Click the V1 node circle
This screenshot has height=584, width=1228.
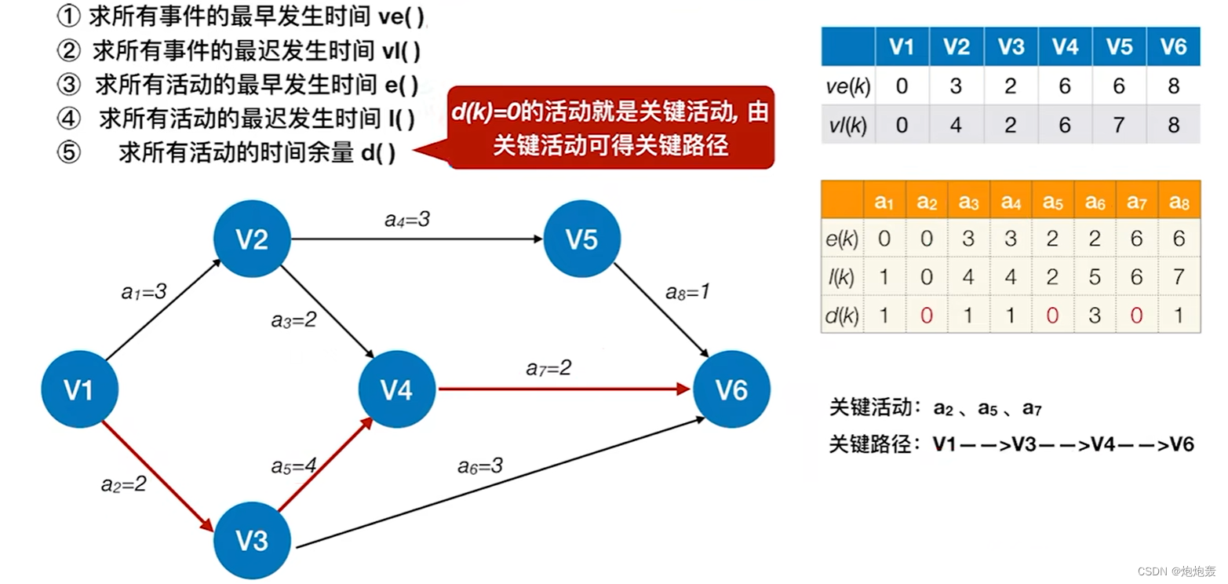click(79, 389)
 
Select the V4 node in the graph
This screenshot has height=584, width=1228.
click(397, 389)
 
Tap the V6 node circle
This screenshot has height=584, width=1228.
click(731, 389)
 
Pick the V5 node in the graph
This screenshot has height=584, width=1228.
click(581, 240)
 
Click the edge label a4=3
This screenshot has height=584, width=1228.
click(407, 220)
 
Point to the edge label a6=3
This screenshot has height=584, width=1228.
click(480, 466)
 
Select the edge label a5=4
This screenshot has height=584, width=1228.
click(293, 466)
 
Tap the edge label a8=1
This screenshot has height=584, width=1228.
click(687, 293)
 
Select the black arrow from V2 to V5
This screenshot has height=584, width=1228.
click(416, 239)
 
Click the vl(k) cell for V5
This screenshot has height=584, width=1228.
click(1119, 124)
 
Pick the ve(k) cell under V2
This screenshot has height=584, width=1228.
click(956, 86)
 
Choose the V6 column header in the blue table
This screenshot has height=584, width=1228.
click(1173, 46)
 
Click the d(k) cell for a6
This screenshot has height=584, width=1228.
click(1095, 315)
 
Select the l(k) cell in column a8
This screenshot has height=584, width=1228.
click(1179, 276)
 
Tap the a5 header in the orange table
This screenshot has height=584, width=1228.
click(1052, 202)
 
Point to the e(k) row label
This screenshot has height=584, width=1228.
click(843, 238)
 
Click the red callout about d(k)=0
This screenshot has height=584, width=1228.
click(610, 128)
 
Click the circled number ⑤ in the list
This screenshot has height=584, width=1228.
click(70, 152)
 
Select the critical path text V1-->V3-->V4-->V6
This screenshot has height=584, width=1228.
click(1063, 445)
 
